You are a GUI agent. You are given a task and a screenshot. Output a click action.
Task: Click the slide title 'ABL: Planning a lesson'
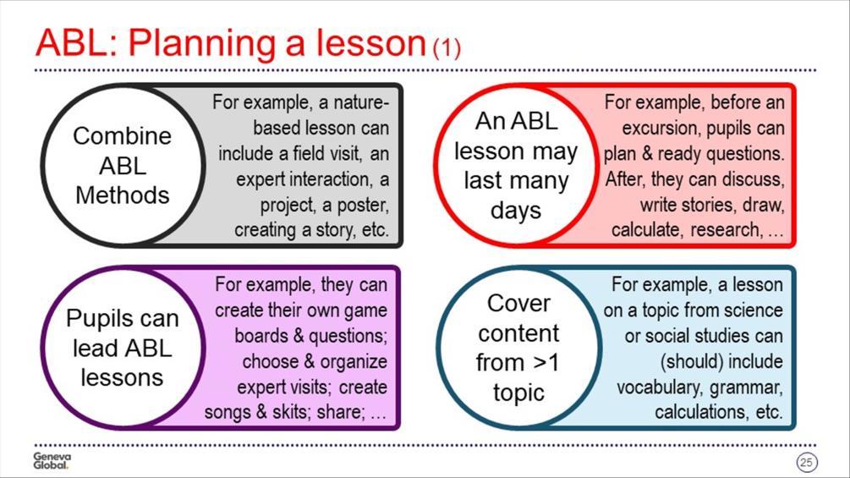click(x=230, y=43)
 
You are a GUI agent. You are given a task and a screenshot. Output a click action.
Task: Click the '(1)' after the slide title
click(x=447, y=47)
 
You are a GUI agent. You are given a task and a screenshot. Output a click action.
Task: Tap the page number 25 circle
click(x=807, y=462)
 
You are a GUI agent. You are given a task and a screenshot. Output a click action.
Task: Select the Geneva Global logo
click(x=52, y=461)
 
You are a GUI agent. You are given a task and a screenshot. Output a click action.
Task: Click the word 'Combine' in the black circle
click(x=122, y=136)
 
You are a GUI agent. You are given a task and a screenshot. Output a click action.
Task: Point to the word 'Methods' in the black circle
click(x=123, y=195)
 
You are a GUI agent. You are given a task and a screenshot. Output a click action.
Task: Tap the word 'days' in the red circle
click(x=516, y=211)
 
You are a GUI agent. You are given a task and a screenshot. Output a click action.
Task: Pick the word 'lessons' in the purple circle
click(x=122, y=377)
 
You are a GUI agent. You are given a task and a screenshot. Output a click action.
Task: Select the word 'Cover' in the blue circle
click(x=518, y=304)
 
